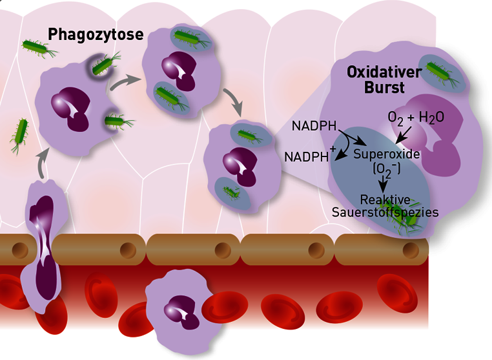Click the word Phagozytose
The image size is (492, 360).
[96, 35]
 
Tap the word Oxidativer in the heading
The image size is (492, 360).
[384, 72]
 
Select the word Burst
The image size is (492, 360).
[384, 87]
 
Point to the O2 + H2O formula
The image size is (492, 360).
[416, 118]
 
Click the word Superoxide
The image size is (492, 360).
[387, 154]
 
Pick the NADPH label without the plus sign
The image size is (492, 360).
[314, 126]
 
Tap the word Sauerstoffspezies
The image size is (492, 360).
[385, 213]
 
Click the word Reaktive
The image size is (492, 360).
[385, 200]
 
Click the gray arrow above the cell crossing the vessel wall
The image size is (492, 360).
[43, 163]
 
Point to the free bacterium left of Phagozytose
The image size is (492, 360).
[39, 48]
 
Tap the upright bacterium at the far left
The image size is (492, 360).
[21, 135]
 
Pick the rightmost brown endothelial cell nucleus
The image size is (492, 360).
[411, 250]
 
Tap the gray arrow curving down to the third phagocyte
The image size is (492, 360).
[235, 100]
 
